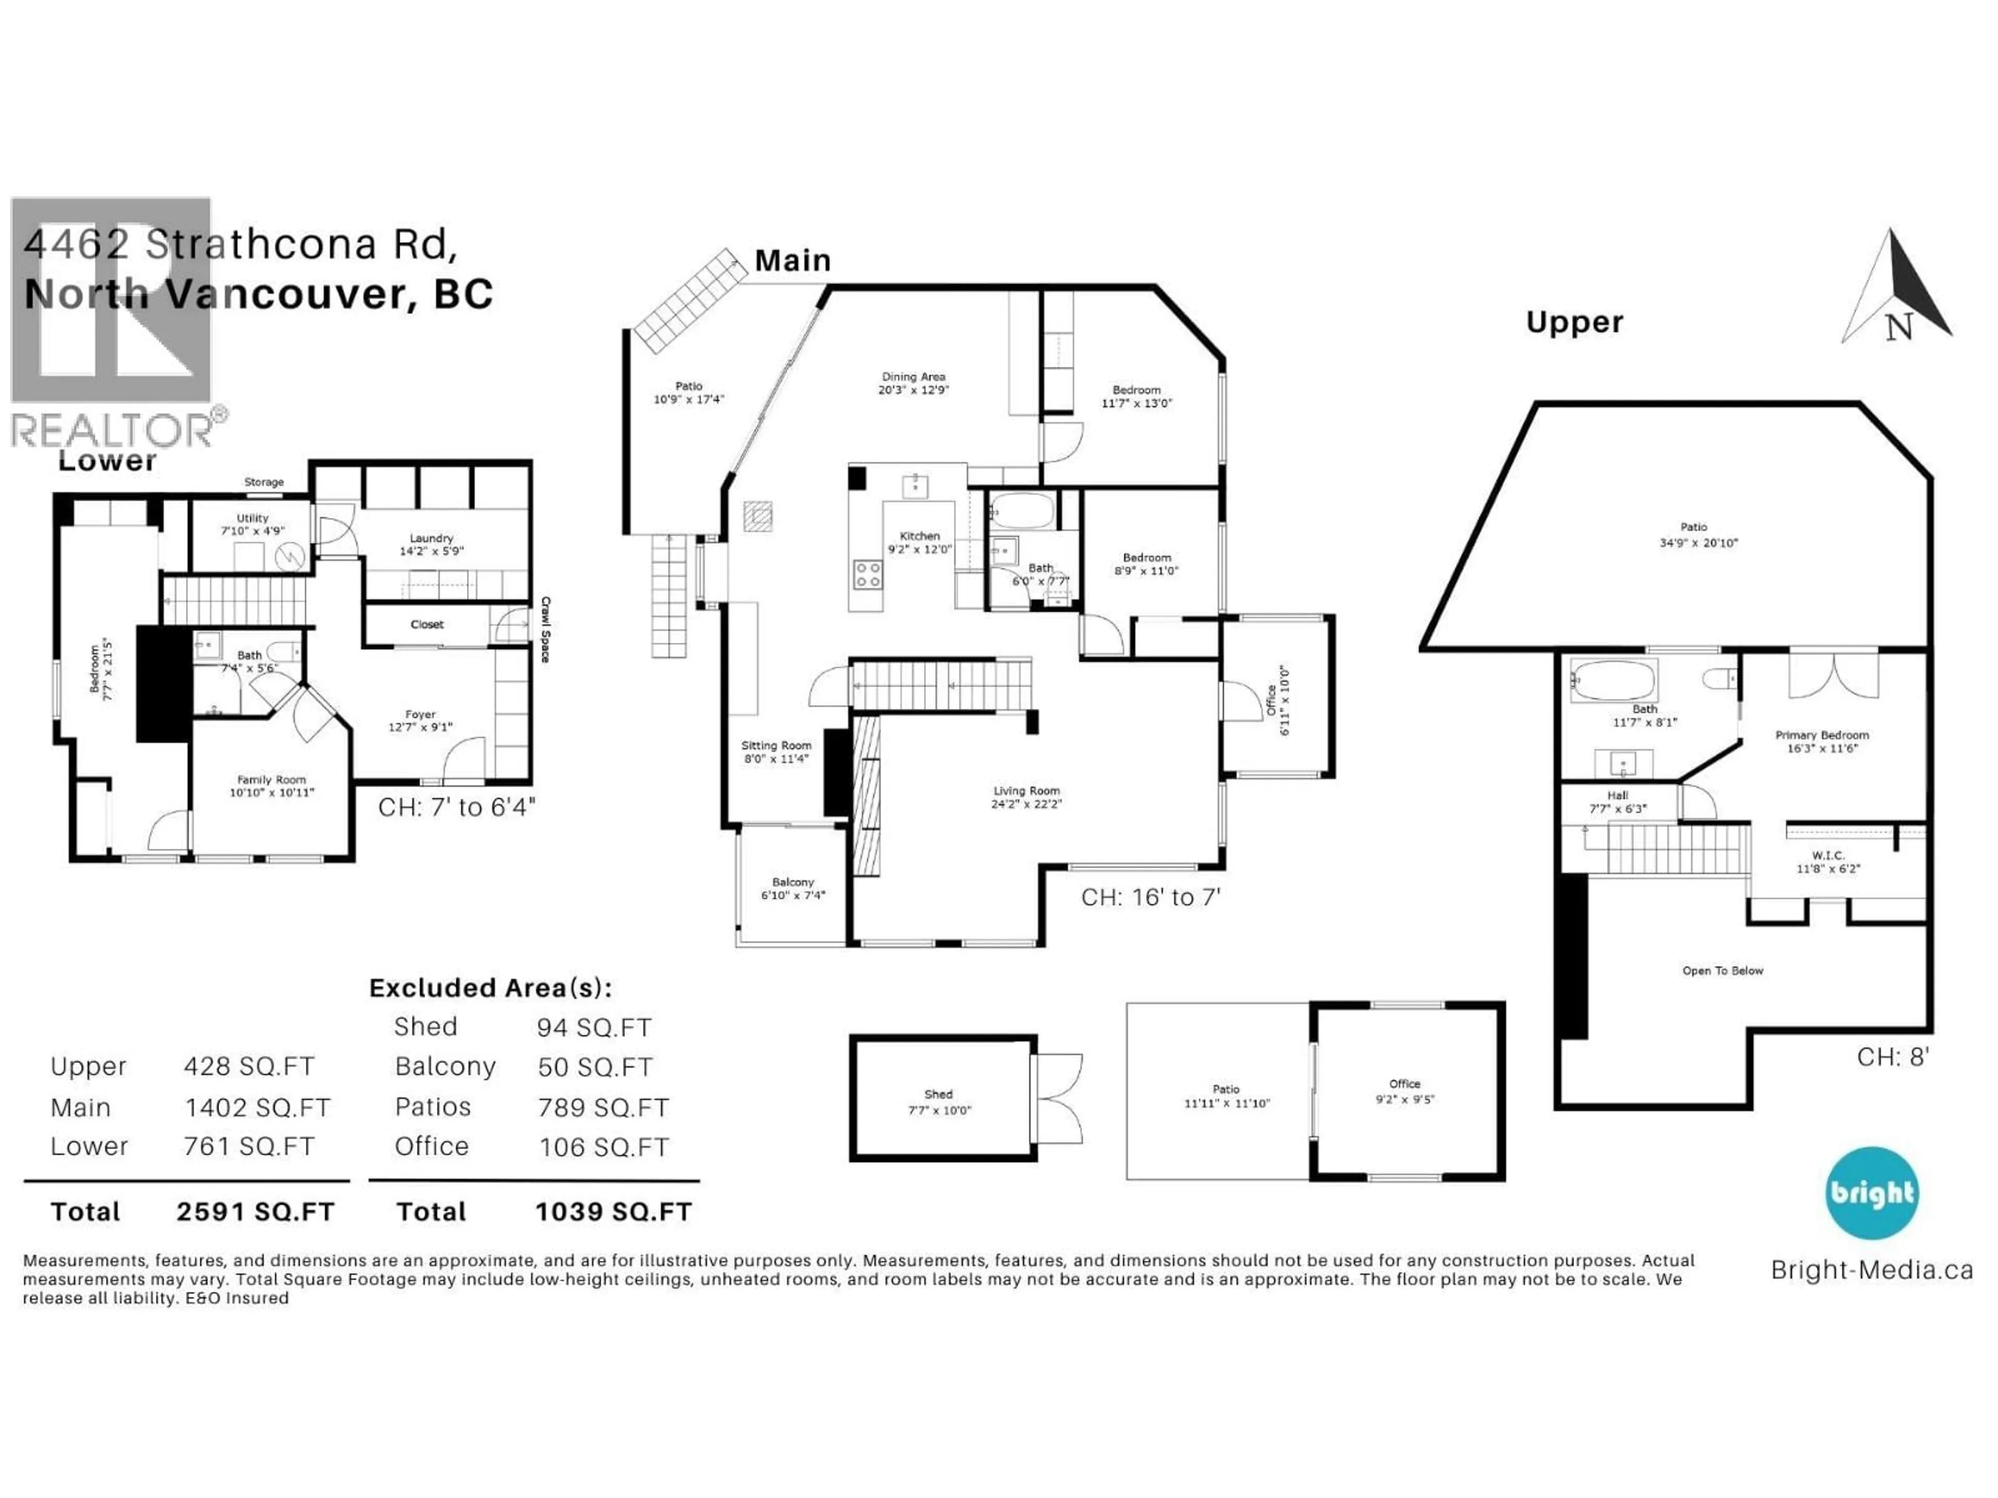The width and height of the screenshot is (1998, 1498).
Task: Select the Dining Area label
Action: coord(913,377)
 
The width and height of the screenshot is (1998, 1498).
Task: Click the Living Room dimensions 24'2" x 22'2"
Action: coord(1026,804)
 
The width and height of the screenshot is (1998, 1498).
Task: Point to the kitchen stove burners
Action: coord(868,574)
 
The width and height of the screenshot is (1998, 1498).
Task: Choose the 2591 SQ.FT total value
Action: coord(255,1212)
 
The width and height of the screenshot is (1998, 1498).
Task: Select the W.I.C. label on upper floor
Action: coord(1827,855)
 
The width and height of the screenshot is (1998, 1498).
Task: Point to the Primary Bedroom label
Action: coord(1822,735)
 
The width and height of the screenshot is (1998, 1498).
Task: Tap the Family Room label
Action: coord(271,779)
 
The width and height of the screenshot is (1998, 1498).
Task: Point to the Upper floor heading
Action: coord(1574,322)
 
